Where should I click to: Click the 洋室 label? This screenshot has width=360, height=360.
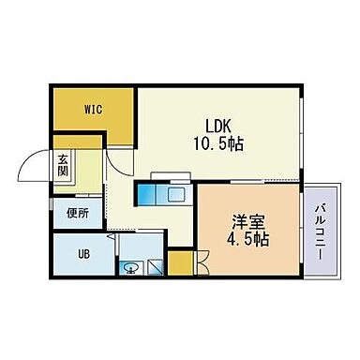(248, 222)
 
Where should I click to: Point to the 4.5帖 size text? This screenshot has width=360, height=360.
(249, 240)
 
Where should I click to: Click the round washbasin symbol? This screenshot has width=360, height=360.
(131, 266)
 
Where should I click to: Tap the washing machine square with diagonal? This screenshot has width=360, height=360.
(156, 265)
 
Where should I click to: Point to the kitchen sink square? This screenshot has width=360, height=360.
(175, 195)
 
